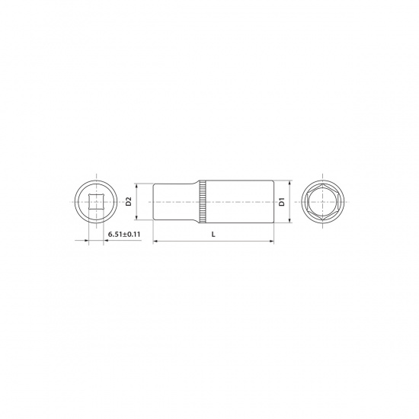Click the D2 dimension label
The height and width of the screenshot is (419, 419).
click(x=129, y=201)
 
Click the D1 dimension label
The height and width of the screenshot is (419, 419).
click(x=282, y=202)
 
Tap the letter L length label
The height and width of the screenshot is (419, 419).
click(x=213, y=235)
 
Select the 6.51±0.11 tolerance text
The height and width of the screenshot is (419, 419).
click(x=124, y=235)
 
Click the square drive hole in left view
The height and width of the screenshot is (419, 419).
click(x=96, y=202)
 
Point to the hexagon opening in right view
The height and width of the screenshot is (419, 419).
click(x=323, y=202)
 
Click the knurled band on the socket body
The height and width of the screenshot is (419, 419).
click(x=203, y=202)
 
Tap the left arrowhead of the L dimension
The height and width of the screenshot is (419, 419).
click(x=155, y=241)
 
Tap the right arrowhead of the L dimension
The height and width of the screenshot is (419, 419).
click(x=272, y=241)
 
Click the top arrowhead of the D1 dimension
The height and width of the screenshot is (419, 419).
click(x=289, y=183)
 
